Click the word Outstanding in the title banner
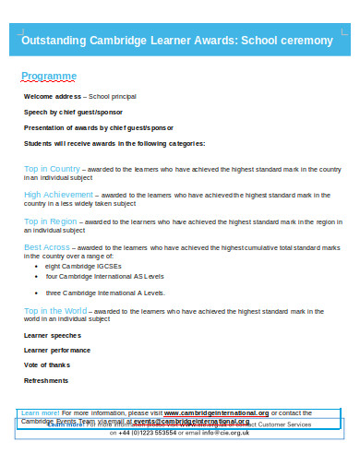pos(54,41)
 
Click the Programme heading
pos(49,76)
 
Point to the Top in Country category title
pos(52,169)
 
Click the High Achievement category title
pos(58,195)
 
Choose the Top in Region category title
pos(51,221)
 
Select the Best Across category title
pos(46,247)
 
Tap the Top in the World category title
pos(56,311)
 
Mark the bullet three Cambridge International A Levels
pos(105,292)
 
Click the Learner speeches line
pos(53,335)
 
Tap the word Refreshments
pos(46,380)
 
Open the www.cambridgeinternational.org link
pos(217,412)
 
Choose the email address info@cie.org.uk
pos(226,432)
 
